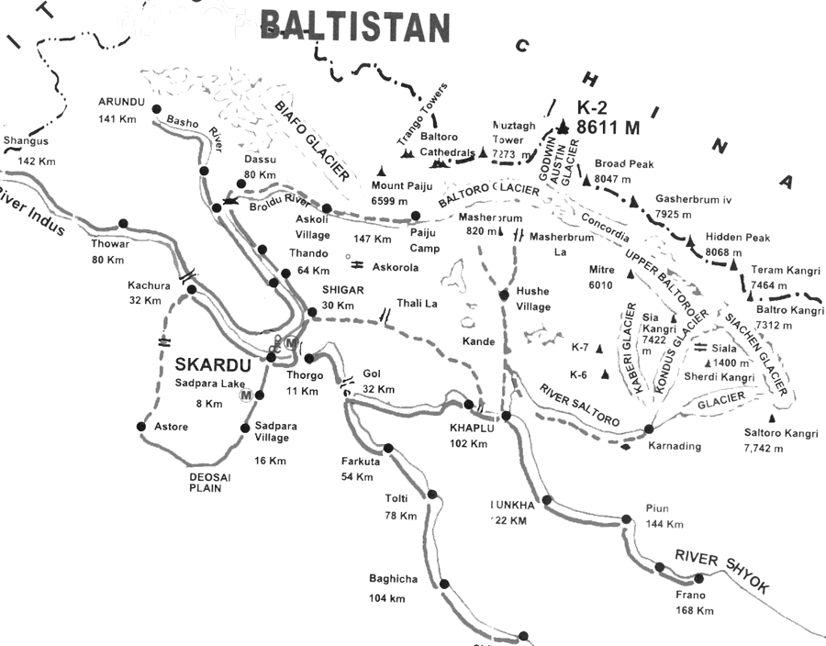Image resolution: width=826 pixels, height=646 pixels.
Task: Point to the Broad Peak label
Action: [x=623, y=163]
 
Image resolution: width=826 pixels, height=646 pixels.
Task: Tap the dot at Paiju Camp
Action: [x=416, y=217]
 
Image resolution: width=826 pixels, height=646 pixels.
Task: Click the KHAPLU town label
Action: [x=473, y=429]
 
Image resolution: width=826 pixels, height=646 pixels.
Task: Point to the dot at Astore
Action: [x=141, y=426]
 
